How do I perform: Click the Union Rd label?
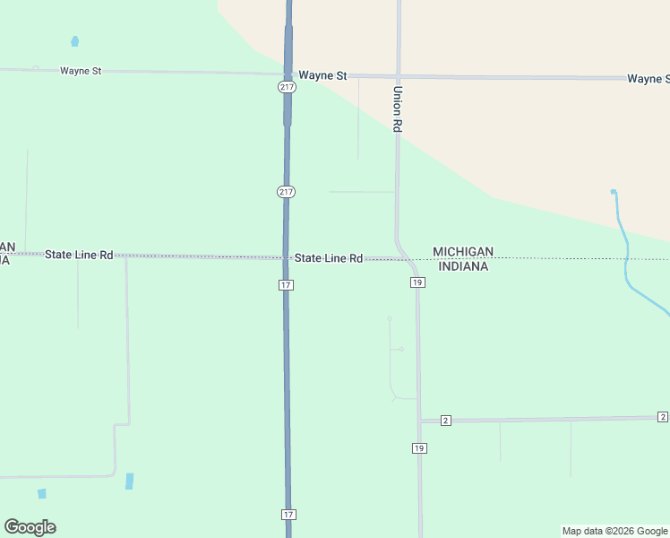tap(398, 109)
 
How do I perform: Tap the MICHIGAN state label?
tap(463, 252)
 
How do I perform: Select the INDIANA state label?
tap(463, 266)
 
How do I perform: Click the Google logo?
tap(30, 527)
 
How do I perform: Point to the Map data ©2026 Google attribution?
tap(614, 531)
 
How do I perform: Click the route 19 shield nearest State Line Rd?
tap(417, 282)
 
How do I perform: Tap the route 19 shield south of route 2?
tap(419, 447)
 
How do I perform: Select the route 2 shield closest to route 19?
tap(445, 421)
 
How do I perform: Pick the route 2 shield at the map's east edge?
tap(662, 417)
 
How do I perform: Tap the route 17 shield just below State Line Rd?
tap(286, 285)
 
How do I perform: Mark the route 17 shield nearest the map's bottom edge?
tap(288, 515)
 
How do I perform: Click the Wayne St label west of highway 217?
tap(81, 71)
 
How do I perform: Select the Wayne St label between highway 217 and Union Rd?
tap(322, 76)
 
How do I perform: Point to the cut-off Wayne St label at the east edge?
tap(648, 79)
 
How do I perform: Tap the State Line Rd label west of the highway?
tap(79, 255)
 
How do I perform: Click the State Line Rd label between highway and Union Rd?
tap(329, 258)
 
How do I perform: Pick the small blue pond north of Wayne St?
tap(74, 41)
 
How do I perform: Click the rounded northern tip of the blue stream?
tap(614, 192)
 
